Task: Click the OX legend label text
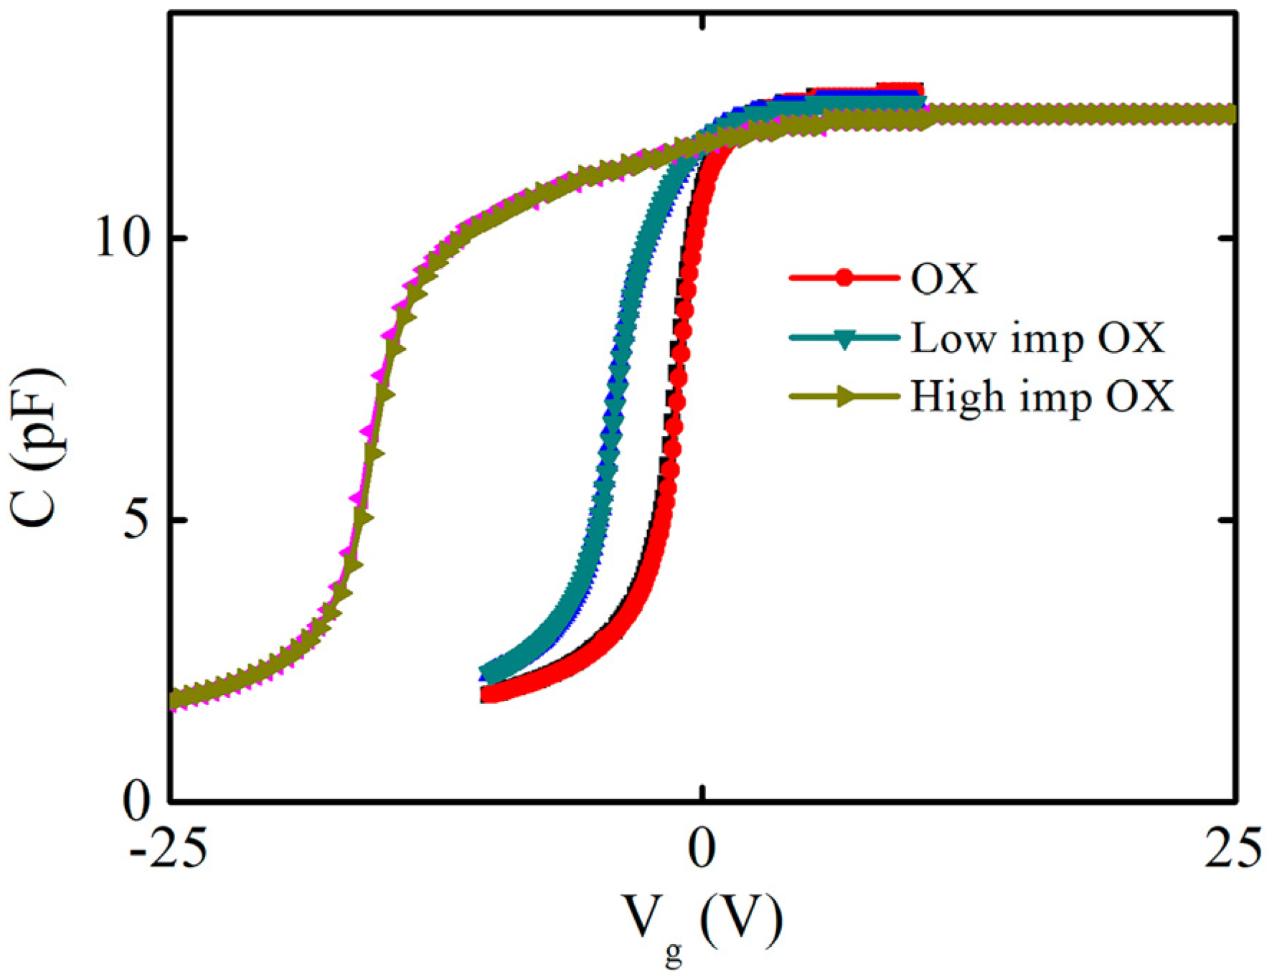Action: [944, 278]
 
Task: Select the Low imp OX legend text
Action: [1037, 338]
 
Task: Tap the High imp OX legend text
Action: [1042, 396]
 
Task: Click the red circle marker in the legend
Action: [844, 278]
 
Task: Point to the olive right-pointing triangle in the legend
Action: [847, 396]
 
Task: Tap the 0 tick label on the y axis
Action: [136, 801]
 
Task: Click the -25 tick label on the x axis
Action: [169, 849]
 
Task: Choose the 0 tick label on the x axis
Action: [702, 849]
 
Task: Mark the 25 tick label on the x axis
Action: [1232, 849]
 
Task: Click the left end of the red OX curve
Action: [488, 694]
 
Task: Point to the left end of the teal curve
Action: [488, 674]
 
